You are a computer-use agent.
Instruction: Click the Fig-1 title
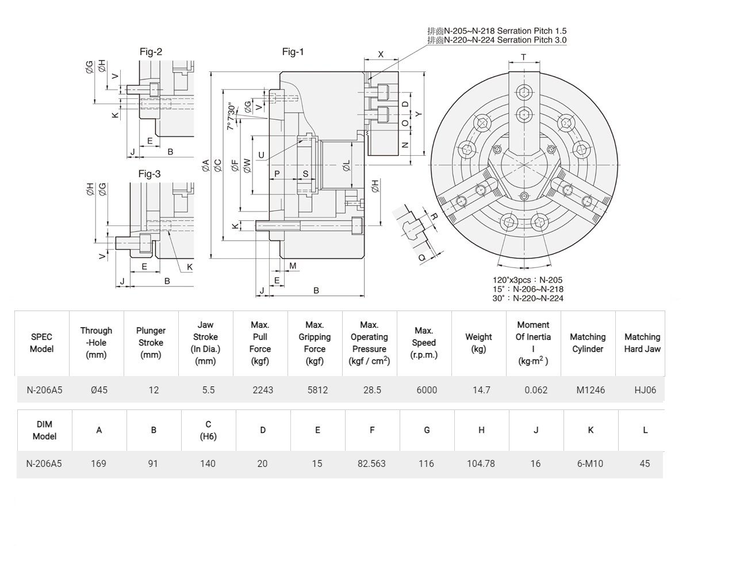click(x=293, y=52)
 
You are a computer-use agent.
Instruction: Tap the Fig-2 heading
click(x=151, y=52)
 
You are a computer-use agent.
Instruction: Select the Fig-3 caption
click(x=149, y=174)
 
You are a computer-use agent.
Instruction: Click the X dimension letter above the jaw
click(x=381, y=54)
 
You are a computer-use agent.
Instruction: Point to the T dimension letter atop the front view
click(x=524, y=57)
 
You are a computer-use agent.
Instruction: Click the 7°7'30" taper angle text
click(x=231, y=116)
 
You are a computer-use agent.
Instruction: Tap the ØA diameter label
click(x=206, y=165)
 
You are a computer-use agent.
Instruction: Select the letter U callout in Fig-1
click(x=261, y=155)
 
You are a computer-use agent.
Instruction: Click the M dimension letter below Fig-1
click(x=293, y=266)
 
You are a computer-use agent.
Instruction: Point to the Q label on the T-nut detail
click(x=422, y=258)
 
